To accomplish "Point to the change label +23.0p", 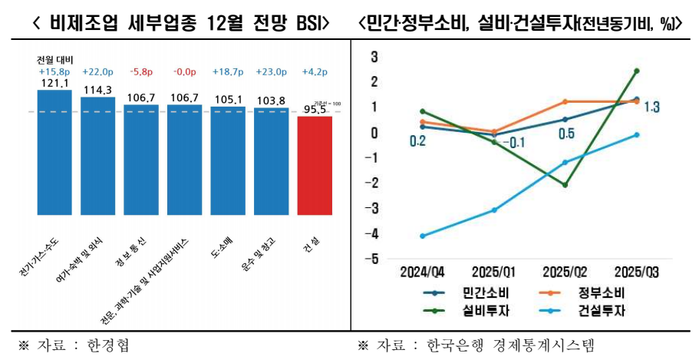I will [x=271, y=72].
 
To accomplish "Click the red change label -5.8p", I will [x=141, y=72].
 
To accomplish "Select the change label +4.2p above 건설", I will [x=315, y=72].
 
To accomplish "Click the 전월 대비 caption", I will [x=54, y=60].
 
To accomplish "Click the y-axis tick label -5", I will [x=374, y=259].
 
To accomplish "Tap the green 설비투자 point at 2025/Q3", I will [x=637, y=71].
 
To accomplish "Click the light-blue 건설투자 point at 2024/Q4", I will [x=423, y=236].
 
